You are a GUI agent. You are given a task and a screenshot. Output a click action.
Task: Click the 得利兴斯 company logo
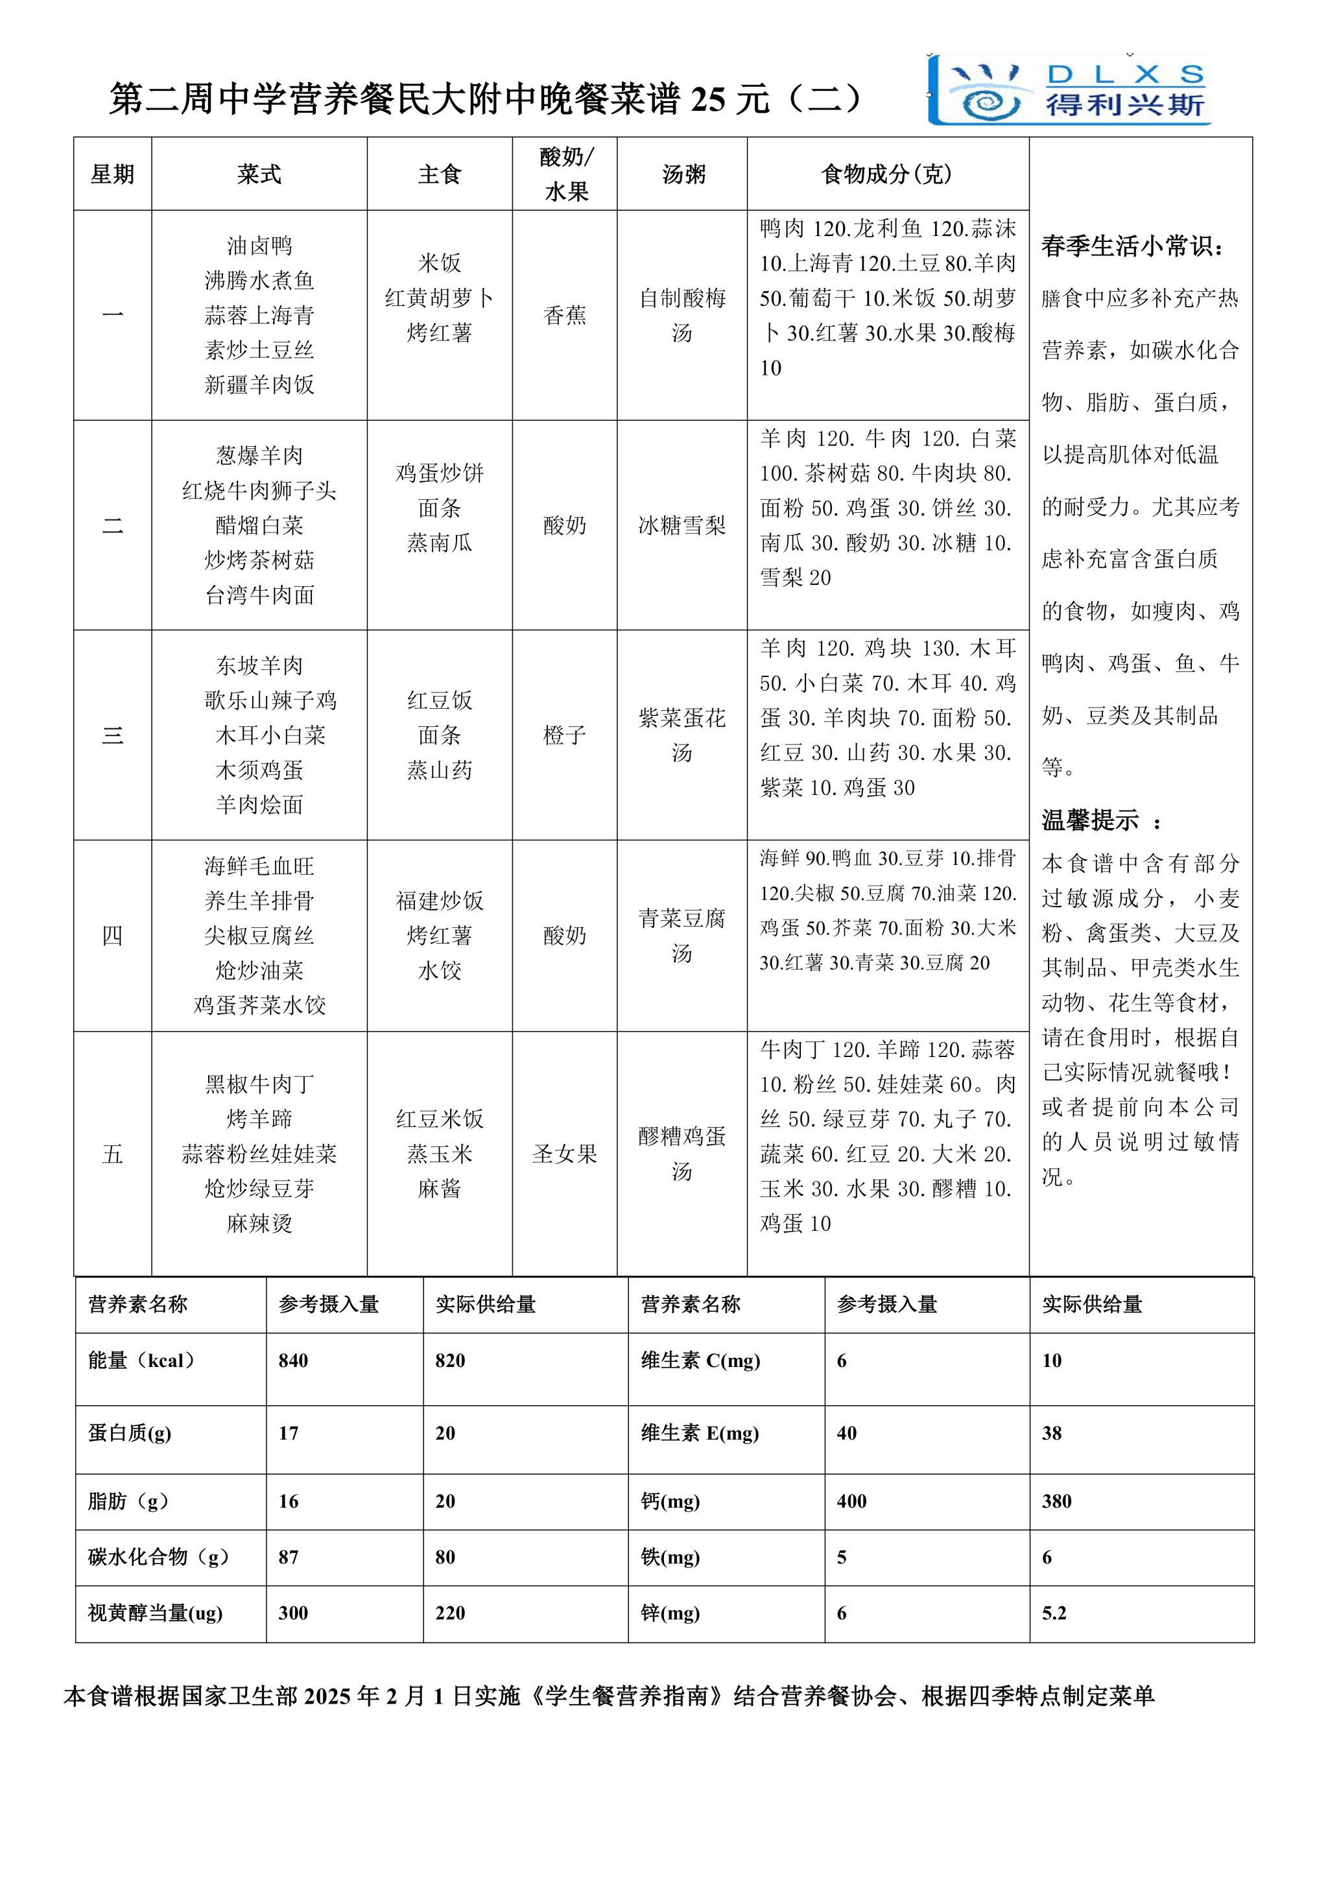[x=1069, y=91]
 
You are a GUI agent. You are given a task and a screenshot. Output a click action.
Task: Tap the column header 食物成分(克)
[x=886, y=174]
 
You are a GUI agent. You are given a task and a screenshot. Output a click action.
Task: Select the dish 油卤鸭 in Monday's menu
[x=259, y=245]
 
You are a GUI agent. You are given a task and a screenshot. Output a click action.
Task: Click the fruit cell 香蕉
[x=564, y=315]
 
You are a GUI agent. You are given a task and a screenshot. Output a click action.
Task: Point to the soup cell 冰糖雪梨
[x=682, y=525]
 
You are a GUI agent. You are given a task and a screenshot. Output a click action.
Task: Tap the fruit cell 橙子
[x=564, y=735]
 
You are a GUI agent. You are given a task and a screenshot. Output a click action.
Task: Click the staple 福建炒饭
[x=439, y=901]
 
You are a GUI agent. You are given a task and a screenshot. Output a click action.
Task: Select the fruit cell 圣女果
[x=564, y=1153]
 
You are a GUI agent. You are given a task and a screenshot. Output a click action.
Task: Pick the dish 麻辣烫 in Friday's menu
[x=259, y=1223]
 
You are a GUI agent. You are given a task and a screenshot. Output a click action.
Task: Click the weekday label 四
[x=112, y=935]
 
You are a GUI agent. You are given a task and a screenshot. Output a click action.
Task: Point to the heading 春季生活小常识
[x=1133, y=245]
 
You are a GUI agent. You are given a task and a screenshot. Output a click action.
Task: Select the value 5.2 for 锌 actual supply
[x=1054, y=1613]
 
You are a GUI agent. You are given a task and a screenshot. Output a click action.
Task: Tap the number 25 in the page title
[x=707, y=99]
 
